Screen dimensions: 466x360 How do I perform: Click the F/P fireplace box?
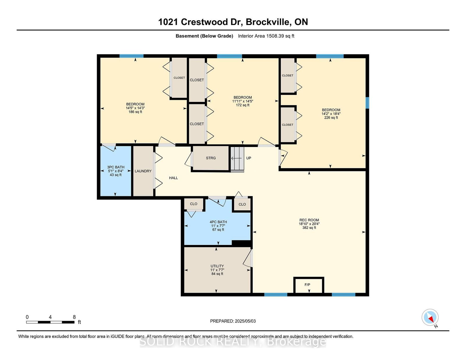pos(309,285)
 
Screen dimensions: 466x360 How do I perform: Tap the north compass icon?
pos(430,317)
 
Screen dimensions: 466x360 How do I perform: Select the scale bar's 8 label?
pos(74,317)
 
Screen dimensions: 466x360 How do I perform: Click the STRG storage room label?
pos(211,158)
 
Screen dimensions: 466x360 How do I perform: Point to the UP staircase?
pos(237,159)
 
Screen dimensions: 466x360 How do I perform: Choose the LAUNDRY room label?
pos(143,171)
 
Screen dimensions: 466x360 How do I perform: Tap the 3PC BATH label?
pos(116,167)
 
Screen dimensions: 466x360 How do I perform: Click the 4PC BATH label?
pos(218,222)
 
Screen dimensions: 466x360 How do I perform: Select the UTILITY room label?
pos(217,266)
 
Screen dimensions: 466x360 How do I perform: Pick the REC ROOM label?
pos(309,220)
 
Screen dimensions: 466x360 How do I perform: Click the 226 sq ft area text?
pos(331,118)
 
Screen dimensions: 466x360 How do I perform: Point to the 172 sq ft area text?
pos(243,105)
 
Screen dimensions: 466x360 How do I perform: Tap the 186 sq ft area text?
pos(135,112)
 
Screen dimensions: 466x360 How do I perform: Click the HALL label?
pos(174,178)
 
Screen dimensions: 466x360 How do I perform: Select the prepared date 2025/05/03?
pos(245,321)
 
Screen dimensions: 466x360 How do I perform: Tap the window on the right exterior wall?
pos(367,103)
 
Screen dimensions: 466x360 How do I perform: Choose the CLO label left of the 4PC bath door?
pos(194,204)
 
